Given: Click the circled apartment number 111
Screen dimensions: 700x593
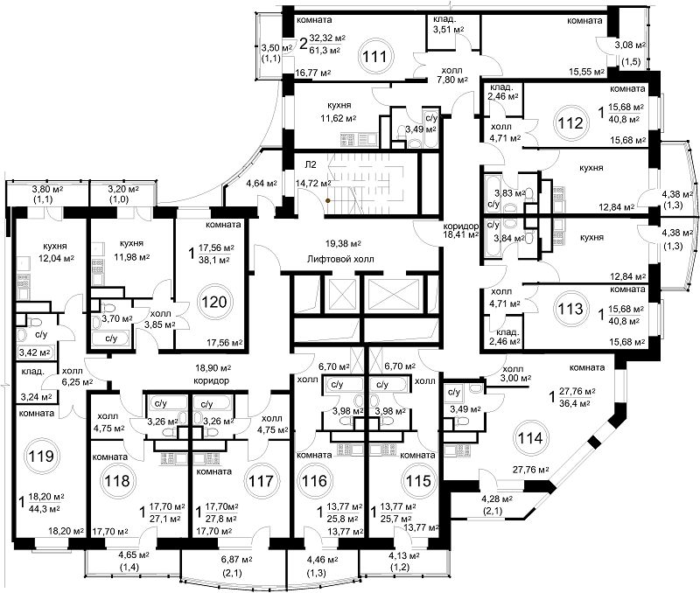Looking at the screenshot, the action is (x=374, y=56).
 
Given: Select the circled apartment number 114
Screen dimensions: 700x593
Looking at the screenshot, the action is (x=530, y=438).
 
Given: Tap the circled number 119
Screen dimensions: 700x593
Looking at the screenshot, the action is (x=41, y=456).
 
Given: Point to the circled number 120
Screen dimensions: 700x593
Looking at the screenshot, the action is (x=214, y=302).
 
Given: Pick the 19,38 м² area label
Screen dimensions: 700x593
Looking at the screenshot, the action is (x=343, y=244).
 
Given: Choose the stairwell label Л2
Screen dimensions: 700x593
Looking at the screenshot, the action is (x=311, y=164).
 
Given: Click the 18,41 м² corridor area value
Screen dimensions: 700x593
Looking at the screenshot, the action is (x=461, y=234).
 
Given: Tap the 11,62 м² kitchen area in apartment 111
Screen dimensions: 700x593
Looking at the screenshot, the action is (x=339, y=118).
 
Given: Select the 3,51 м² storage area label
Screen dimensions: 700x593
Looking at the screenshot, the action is (x=448, y=30).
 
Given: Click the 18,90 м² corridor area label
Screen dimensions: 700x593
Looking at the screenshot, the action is (x=213, y=368).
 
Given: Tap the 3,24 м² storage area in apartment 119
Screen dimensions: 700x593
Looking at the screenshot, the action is (x=36, y=395).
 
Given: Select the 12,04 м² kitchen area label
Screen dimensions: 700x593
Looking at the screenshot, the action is (x=56, y=257).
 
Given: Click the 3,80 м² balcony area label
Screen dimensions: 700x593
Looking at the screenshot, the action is (x=48, y=189).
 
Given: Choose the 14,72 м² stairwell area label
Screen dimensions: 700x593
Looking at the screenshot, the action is (x=313, y=183).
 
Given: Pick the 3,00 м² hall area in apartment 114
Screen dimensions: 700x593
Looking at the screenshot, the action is (x=515, y=378).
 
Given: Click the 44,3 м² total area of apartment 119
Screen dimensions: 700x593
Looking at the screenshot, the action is (x=45, y=508).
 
